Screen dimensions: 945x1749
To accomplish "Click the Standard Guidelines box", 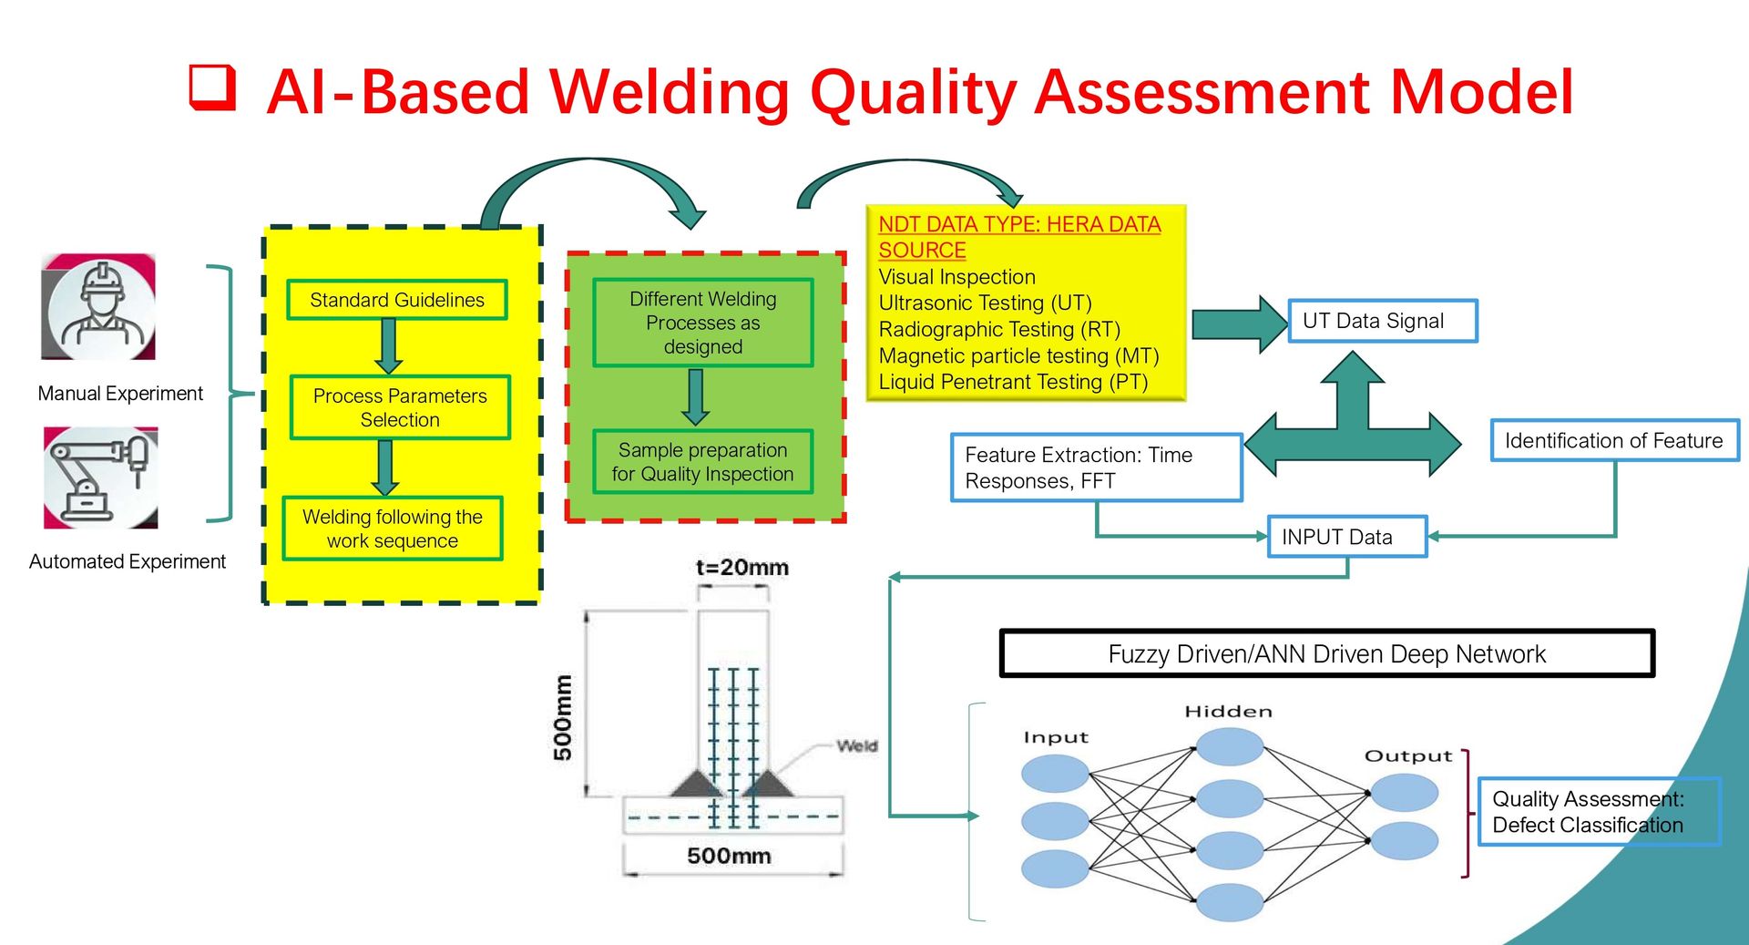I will [x=397, y=300].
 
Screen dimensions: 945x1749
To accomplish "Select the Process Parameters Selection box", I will [x=400, y=407].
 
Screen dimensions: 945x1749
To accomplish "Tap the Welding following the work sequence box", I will [x=393, y=529].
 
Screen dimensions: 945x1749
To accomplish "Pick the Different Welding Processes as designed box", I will [x=702, y=323].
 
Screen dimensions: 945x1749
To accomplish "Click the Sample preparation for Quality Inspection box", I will [x=702, y=462].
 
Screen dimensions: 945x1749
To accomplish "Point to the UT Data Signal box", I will [x=1382, y=321].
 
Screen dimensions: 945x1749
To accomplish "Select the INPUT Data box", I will [x=1346, y=537].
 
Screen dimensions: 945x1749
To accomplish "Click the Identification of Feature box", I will [x=1613, y=441].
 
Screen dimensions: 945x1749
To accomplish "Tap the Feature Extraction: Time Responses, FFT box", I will [x=1096, y=467].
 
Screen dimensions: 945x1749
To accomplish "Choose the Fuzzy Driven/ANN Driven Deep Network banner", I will [x=1326, y=653].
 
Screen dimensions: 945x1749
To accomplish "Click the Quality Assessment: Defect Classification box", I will [x=1598, y=812].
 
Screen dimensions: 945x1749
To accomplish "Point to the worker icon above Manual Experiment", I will [x=99, y=307].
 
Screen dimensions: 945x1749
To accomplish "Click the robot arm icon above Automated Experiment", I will [x=101, y=478].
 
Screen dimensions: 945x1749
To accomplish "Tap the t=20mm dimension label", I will [x=742, y=568].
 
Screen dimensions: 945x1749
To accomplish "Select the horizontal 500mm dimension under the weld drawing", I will [x=729, y=856].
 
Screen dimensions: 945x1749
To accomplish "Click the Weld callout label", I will [x=856, y=745].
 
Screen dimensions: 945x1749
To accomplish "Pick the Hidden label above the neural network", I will [x=1228, y=712].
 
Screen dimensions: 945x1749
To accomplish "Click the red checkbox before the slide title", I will [x=212, y=87].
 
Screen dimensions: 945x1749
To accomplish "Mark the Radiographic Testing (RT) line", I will [x=998, y=329].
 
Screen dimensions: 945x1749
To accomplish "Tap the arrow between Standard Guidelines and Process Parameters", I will [x=389, y=346].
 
